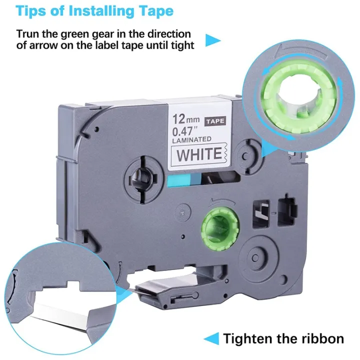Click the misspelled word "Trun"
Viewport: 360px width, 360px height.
click(29, 34)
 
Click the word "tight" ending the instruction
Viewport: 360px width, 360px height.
click(179, 45)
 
